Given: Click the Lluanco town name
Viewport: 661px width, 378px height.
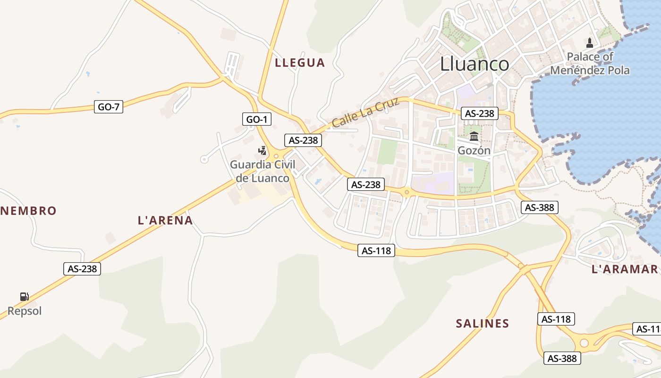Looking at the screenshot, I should (475, 64).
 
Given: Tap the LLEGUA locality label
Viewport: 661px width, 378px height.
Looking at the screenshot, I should (300, 62).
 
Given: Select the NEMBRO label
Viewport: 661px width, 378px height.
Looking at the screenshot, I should (28, 211).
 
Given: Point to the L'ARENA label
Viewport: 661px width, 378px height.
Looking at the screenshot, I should (165, 220).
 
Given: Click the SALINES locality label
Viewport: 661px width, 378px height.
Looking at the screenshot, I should (483, 324).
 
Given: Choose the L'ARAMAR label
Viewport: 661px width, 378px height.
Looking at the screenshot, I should (625, 269).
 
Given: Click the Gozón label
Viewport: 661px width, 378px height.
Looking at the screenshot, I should (474, 151).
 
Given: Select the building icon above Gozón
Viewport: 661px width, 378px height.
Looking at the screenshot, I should (474, 137).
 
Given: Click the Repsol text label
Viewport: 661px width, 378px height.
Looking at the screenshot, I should (25, 311).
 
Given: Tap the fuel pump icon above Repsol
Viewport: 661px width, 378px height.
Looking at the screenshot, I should (25, 297).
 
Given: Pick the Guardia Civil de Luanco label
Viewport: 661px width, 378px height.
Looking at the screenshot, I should (263, 172).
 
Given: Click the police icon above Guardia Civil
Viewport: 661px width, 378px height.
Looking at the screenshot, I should (262, 151).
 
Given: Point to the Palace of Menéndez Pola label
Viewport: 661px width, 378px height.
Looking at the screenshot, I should (590, 64).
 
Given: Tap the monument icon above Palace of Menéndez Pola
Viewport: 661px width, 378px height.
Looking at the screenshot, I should (589, 43).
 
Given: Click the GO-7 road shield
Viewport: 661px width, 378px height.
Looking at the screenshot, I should (109, 107).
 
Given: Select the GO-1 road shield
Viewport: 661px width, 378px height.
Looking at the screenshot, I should (257, 120).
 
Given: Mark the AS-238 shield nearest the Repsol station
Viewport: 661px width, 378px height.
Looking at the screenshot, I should (82, 269).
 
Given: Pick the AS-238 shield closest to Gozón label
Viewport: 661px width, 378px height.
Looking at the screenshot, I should (480, 113).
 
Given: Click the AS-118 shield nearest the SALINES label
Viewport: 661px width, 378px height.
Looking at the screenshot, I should (556, 319).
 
